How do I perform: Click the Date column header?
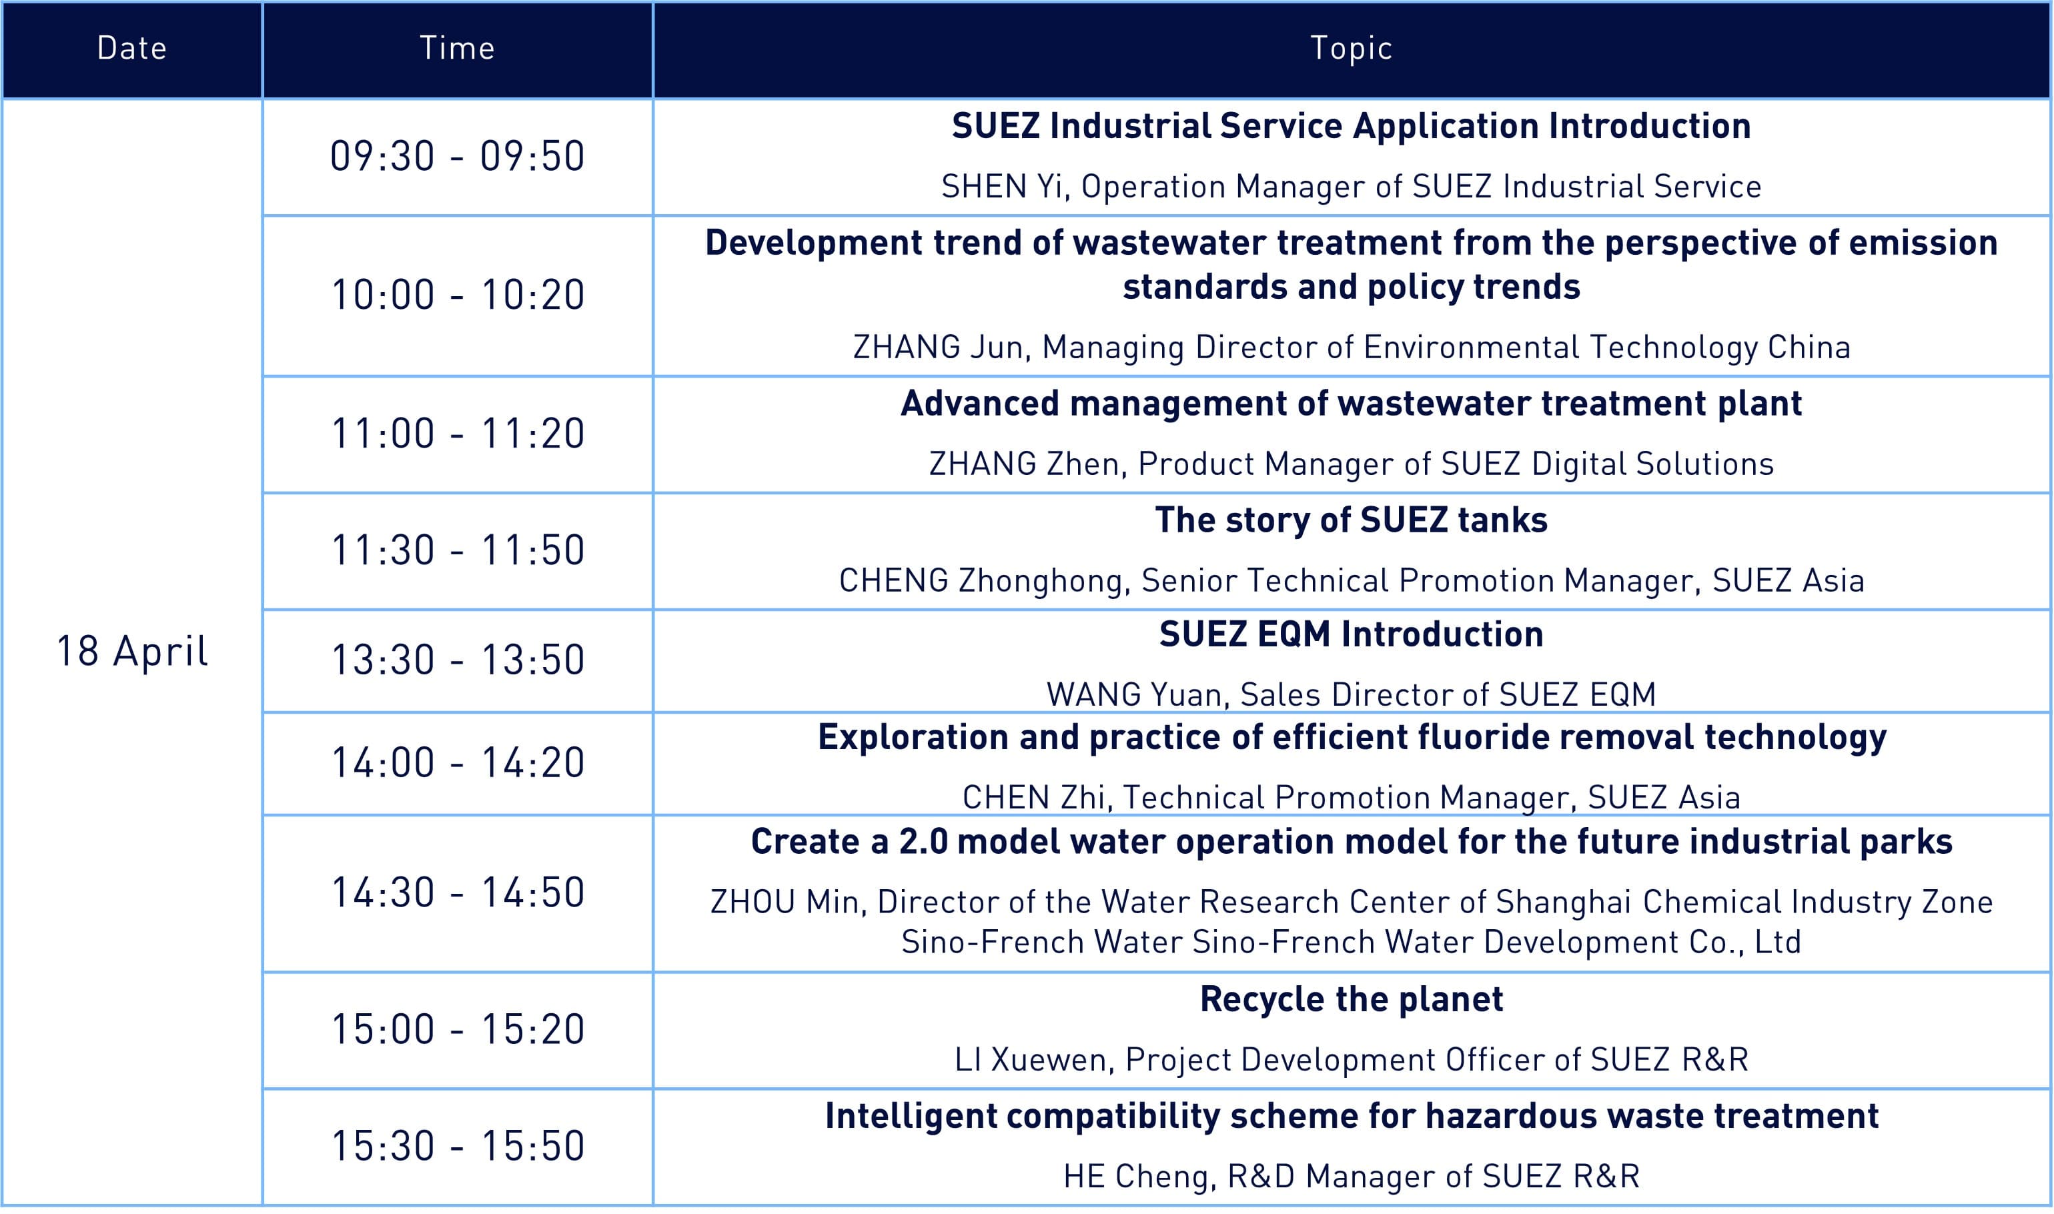point(131,48)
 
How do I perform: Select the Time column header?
point(457,48)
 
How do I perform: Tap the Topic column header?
point(1352,48)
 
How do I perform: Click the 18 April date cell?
point(131,651)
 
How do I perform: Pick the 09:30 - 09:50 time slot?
point(457,156)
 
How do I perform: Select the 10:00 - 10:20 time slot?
point(457,295)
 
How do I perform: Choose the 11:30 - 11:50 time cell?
point(457,550)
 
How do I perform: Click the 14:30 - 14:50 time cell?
point(457,892)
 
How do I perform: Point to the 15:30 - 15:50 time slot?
point(457,1145)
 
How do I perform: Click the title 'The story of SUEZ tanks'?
point(1352,520)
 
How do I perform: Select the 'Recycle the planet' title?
point(1352,1000)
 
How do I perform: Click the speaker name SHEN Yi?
point(1003,187)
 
